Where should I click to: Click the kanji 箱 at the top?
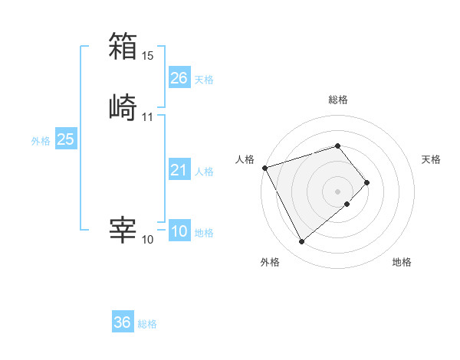(123, 46)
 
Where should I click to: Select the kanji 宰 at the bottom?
(123, 230)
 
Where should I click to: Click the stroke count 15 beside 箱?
(148, 56)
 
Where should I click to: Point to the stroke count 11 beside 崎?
(148, 117)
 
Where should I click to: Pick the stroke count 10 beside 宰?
(148, 240)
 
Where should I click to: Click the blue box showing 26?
(179, 77)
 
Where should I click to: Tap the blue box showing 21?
(179, 170)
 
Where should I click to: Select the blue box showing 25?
(66, 139)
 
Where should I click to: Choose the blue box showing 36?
(123, 322)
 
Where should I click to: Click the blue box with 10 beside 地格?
(179, 231)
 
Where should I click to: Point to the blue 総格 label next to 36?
(147, 324)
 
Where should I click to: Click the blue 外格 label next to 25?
(41, 141)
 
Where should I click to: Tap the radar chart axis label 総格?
(337, 100)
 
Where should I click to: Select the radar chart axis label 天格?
(431, 159)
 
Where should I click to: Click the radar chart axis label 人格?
(245, 159)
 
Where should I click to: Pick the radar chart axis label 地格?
(402, 263)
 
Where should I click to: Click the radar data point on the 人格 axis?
(264, 168)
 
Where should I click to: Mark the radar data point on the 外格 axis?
(301, 242)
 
